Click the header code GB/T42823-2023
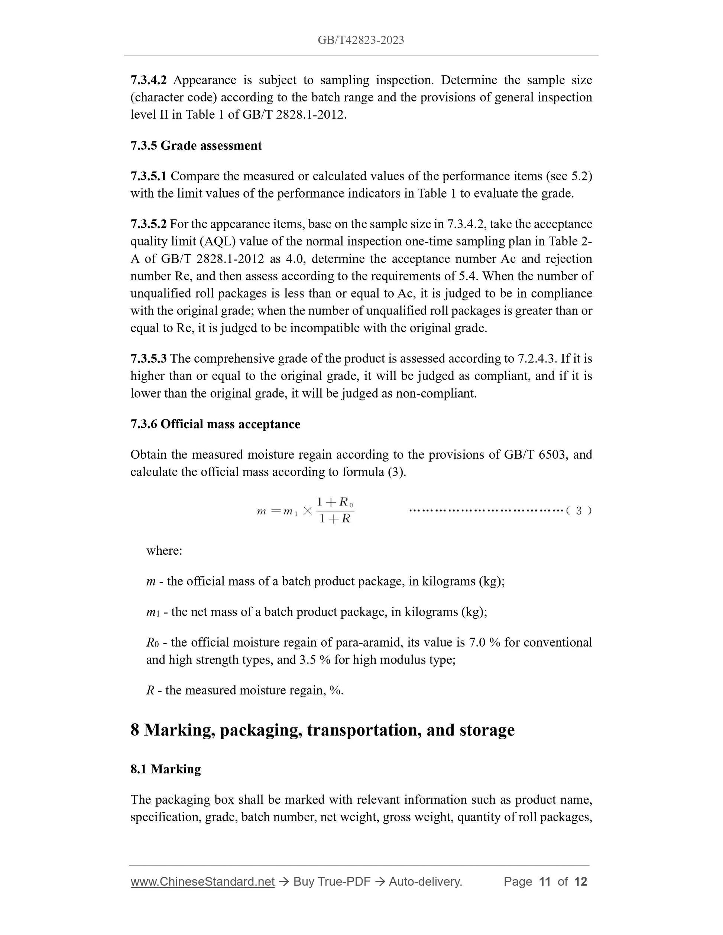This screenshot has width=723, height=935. tap(361, 40)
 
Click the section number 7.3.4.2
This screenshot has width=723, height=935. tap(149, 80)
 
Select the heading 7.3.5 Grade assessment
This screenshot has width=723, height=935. tap(196, 146)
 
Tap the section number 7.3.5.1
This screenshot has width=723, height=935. tap(149, 176)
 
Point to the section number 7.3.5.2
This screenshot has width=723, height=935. tap(149, 224)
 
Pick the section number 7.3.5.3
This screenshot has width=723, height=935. tap(149, 358)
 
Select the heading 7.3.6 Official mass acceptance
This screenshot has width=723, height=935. tap(215, 424)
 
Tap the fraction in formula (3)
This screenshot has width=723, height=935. tap(334, 510)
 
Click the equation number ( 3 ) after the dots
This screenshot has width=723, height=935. tap(578, 511)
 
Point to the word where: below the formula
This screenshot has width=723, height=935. tap(164, 550)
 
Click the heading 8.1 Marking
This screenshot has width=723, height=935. tap(165, 769)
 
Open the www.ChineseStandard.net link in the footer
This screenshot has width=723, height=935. tap(202, 882)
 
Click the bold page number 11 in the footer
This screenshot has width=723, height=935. tap(544, 882)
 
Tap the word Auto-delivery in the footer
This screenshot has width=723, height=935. tap(425, 882)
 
